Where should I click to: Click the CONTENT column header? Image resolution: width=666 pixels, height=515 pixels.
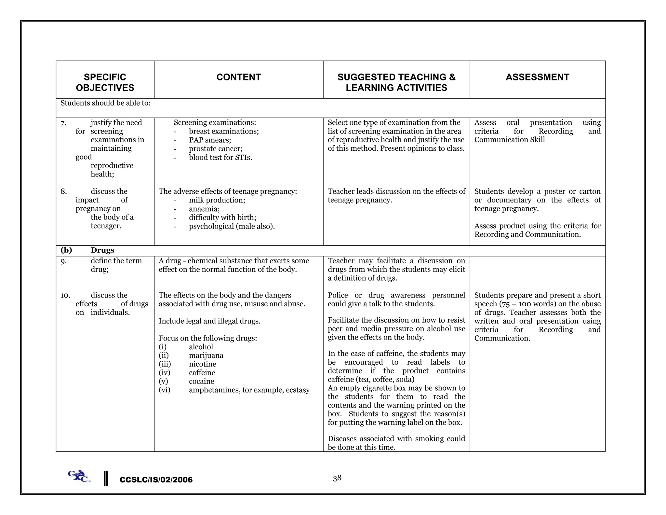click(238, 77)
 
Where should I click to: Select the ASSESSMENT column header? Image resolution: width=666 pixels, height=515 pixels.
click(537, 77)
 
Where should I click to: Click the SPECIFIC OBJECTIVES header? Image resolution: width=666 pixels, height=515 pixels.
click(105, 82)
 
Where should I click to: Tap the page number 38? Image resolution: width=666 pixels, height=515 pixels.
click(337, 478)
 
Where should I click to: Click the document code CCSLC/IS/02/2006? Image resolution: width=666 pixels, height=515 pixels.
click(156, 480)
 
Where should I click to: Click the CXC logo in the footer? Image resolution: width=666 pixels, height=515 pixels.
click(79, 477)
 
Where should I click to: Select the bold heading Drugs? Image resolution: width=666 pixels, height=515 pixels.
click(102, 250)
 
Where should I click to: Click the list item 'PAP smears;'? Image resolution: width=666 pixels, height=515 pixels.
click(210, 140)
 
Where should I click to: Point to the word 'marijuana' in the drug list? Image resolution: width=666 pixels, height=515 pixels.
click(206, 355)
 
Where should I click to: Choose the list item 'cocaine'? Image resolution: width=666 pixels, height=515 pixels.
click(201, 381)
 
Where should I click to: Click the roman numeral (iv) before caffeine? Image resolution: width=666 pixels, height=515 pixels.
click(164, 373)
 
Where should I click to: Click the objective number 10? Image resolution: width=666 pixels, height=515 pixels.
click(65, 296)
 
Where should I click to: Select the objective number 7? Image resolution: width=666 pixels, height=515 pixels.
click(63, 123)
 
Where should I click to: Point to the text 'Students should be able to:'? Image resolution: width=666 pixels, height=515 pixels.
click(105, 103)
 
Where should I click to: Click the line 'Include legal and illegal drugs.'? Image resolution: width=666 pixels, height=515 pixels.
click(209, 321)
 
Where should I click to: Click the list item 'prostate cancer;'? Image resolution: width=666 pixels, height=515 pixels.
click(216, 149)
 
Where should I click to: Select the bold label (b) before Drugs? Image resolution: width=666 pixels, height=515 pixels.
click(66, 250)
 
